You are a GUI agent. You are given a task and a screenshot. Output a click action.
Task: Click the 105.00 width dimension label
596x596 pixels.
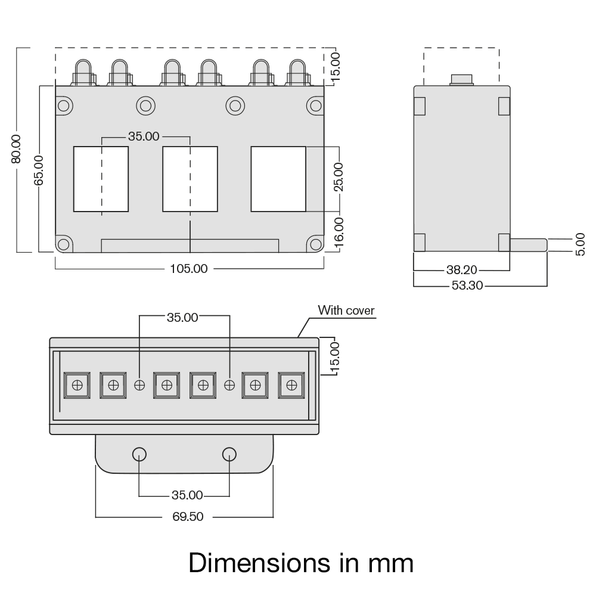pyautogui.click(x=189, y=269)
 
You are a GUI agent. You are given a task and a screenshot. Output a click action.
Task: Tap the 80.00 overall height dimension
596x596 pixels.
pyautogui.click(x=16, y=148)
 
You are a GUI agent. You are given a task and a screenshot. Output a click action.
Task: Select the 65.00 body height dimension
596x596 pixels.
pyautogui.click(x=39, y=170)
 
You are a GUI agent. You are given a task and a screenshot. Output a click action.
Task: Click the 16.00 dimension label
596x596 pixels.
pyautogui.click(x=338, y=231)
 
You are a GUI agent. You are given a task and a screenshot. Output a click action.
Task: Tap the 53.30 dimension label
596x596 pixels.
pyautogui.click(x=467, y=286)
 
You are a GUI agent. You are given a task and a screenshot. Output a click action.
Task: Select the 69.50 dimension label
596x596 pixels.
pyautogui.click(x=188, y=517)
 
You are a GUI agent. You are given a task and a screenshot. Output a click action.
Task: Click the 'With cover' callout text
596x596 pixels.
pyautogui.click(x=346, y=310)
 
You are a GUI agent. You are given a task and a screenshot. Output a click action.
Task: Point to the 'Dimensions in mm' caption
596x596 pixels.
pyautogui.click(x=301, y=563)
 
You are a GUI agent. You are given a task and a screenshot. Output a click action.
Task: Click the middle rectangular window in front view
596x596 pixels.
pyautogui.click(x=190, y=179)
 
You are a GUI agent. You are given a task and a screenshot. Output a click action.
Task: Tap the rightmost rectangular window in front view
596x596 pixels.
pyautogui.click(x=278, y=179)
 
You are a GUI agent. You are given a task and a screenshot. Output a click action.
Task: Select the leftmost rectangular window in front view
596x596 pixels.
pyautogui.click(x=101, y=179)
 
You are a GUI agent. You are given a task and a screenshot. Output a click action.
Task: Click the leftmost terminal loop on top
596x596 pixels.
pyautogui.click(x=83, y=72)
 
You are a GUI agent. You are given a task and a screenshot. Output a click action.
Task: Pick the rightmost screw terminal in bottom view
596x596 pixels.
pyautogui.click(x=291, y=384)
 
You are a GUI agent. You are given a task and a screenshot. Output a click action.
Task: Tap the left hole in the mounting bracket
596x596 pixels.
pyautogui.click(x=139, y=454)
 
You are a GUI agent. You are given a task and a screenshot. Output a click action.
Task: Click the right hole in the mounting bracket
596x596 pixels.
pyautogui.click(x=229, y=454)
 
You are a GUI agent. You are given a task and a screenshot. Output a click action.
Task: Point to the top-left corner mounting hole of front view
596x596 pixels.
pyautogui.click(x=64, y=106)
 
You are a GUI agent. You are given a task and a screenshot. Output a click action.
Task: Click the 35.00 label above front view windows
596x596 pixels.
pyautogui.click(x=144, y=136)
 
